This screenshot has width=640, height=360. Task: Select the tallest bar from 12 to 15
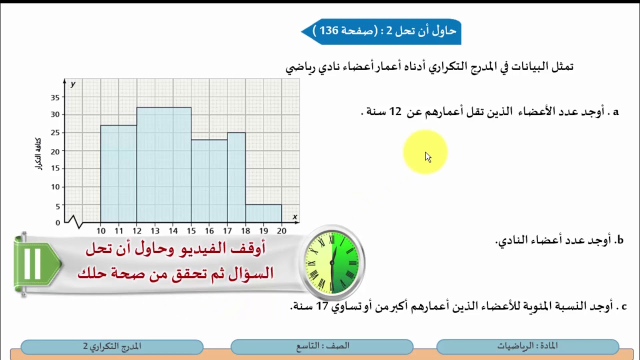coord(164,165)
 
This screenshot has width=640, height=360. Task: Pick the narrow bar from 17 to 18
coord(236,177)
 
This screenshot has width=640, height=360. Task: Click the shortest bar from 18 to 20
coord(263,213)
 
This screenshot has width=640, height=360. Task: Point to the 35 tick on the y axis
coord(55,97)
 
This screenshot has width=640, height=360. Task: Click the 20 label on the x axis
coord(281,230)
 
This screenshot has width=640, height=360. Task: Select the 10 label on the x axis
coord(101,230)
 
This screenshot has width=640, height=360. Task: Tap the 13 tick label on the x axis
coord(155,230)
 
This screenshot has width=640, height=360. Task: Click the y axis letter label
coord(73,84)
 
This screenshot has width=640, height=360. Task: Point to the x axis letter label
coord(295,216)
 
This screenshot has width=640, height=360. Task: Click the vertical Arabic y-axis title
coord(38,153)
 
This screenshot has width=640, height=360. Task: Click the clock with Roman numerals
coord(331,262)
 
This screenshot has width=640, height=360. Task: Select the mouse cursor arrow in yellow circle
coord(427,156)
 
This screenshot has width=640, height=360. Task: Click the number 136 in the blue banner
coord(329,31)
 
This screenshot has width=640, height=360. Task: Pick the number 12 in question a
coord(395,111)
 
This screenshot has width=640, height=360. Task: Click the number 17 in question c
coord(322,305)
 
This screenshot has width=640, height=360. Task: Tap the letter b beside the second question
coord(619,240)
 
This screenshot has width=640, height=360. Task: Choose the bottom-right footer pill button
coord(527,346)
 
